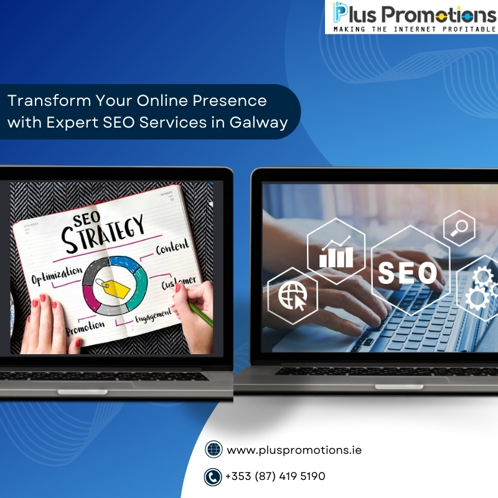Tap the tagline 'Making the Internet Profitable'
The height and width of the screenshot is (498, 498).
415,29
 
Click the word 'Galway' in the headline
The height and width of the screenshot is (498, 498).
258,123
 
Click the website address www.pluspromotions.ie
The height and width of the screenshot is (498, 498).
294,450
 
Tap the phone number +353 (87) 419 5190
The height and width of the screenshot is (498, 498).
275,476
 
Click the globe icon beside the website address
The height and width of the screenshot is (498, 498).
214,449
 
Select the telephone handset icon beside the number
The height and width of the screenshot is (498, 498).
213,477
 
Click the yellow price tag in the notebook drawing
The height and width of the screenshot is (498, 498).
113,288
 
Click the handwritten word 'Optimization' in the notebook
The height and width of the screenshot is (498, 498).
57,275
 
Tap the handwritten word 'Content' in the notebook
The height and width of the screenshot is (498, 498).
172,247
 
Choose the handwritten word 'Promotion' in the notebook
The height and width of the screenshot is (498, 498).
85,328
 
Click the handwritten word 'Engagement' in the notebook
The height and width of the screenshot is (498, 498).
153,316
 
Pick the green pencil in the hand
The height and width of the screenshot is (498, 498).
200,314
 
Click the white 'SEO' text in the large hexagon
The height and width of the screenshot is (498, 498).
408,273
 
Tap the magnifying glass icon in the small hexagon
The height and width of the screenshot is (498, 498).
459,228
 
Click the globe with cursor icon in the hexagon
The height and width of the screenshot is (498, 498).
293,296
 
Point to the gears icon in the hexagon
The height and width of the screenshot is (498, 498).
482,288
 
